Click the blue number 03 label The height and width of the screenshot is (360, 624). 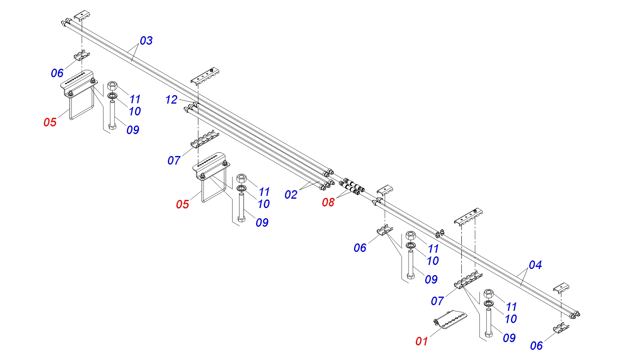point(146,41)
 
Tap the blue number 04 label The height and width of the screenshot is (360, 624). point(535,265)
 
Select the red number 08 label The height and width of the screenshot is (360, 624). point(328,202)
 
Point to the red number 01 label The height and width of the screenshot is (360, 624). point(422,341)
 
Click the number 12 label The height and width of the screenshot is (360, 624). point(171,100)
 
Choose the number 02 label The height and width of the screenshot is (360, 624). point(291,195)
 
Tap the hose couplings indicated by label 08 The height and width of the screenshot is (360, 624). point(352,187)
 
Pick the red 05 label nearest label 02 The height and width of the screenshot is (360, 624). point(183,204)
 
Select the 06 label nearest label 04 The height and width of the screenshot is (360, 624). point(536,346)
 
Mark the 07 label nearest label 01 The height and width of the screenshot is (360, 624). point(437,301)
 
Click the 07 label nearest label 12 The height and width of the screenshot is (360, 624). point(174,160)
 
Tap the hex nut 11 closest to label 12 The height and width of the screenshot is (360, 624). point(112,85)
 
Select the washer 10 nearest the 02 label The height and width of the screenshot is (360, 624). point(241,188)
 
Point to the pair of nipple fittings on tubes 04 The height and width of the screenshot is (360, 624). point(440,234)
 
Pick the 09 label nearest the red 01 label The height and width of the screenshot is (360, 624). point(509,338)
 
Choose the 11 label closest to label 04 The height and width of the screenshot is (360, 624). point(511,307)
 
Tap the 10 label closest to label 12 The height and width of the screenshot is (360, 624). point(135,111)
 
